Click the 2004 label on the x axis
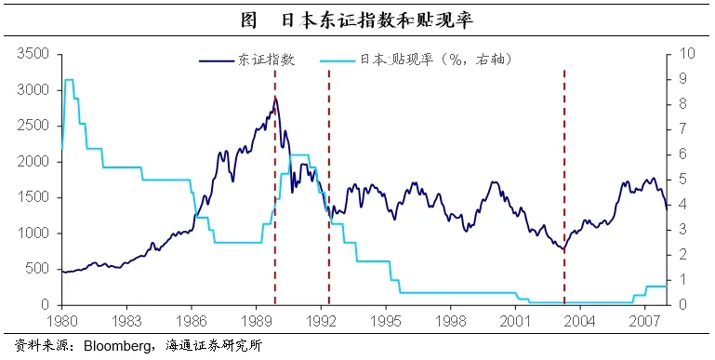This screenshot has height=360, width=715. pos(579,320)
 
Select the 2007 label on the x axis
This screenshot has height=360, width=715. pos(644,320)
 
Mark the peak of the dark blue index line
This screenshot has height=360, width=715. pos(275,97)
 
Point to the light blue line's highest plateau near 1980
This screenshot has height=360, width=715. pos(69,80)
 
